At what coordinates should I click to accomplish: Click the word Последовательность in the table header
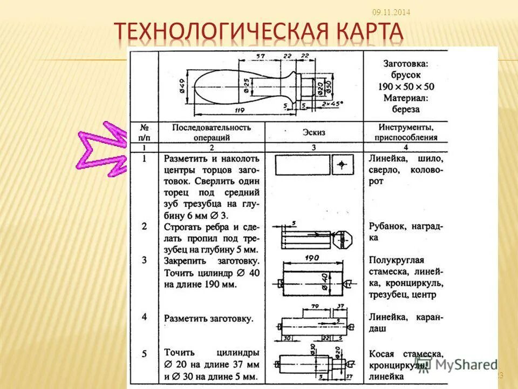[x=212, y=128]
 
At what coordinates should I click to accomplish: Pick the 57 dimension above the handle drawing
[x=261, y=56]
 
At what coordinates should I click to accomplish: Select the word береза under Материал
[x=405, y=109]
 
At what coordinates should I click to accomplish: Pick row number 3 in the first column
[x=144, y=260]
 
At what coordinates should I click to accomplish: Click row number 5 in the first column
[x=144, y=354]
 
